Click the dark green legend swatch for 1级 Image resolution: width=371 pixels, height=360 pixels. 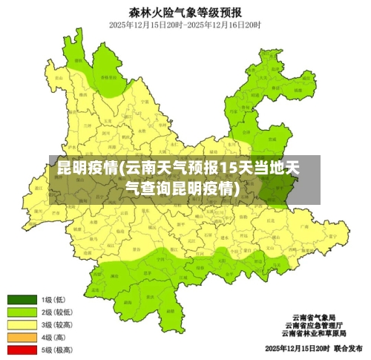click(x=22, y=300)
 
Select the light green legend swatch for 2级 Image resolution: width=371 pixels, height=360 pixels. click(x=22, y=312)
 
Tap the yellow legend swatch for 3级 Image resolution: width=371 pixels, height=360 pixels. click(x=22, y=324)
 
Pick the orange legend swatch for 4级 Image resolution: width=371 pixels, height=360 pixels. click(x=22, y=337)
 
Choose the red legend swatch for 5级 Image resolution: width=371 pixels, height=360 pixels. click(x=22, y=349)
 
